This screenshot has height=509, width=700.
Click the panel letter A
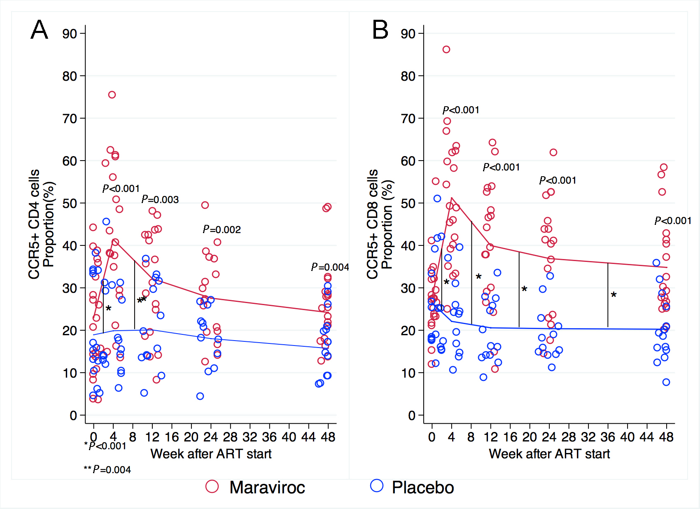[40, 30]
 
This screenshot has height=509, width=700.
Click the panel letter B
[380, 30]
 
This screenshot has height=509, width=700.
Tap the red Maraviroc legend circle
[212, 486]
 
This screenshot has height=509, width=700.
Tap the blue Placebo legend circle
[377, 486]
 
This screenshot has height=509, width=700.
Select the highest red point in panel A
[112, 95]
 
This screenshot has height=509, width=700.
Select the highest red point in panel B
[446, 49]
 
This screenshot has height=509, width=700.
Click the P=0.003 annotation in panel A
[160, 200]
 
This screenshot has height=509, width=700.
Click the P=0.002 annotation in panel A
[222, 229]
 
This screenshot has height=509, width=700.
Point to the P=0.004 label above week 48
[330, 267]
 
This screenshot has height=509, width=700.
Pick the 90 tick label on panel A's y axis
[70, 34]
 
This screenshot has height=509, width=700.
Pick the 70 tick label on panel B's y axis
[408, 119]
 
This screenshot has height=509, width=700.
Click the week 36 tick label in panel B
[608, 437]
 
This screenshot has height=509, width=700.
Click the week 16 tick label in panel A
[172, 437]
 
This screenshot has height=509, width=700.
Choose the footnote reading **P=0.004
[107, 469]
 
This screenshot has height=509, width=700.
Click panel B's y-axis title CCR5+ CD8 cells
[372, 224]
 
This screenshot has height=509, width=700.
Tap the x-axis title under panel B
[549, 454]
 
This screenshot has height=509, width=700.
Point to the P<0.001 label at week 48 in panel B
[673, 221]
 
